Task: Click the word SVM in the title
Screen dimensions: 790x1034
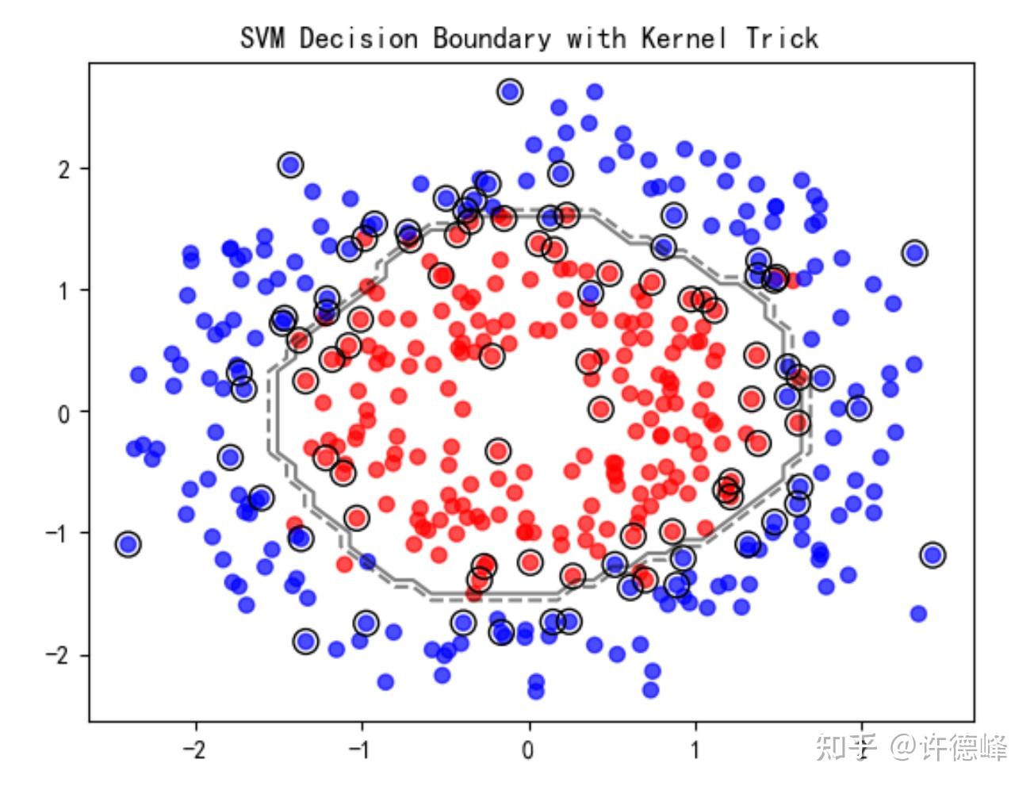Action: coord(262,37)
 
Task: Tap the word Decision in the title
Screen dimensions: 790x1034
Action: coord(358,37)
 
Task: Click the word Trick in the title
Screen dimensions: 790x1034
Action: coord(782,37)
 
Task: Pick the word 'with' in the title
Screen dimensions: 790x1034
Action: coord(596,37)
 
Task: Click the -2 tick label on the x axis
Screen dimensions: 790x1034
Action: coord(194,749)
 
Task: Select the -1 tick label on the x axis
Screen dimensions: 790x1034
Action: coord(362,749)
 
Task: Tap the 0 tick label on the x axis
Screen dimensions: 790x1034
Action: coord(529,749)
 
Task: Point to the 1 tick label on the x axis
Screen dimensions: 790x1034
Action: coord(696,749)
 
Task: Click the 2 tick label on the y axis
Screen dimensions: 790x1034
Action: coord(63,169)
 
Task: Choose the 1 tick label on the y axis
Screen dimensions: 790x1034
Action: coord(63,290)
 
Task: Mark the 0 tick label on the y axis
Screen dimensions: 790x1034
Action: coord(63,412)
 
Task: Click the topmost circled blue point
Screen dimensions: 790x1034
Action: coord(510,92)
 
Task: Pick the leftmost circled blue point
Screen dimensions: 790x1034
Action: coord(128,544)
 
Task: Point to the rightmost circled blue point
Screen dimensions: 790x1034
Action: coord(933,554)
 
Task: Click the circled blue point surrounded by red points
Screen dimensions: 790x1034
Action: coord(589,293)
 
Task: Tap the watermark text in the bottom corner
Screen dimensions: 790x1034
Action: coord(911,747)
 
